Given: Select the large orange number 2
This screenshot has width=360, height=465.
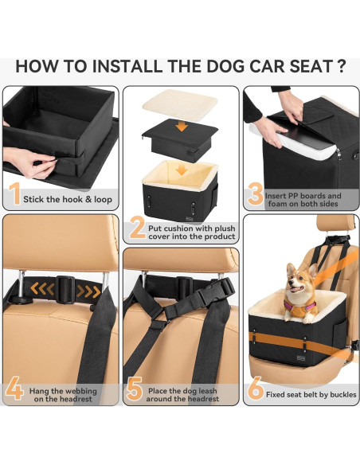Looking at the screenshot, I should point(136,229).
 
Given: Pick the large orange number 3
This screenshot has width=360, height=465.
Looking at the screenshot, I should point(256,193).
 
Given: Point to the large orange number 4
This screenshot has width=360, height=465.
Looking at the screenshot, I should point(14,390).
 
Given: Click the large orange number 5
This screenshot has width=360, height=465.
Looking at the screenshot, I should point(135,390).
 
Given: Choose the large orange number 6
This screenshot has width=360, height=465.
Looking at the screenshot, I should point(256,390).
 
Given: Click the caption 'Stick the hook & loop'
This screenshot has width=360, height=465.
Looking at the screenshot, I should point(67,200).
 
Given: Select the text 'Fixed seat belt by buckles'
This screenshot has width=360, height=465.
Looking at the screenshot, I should point(311,394).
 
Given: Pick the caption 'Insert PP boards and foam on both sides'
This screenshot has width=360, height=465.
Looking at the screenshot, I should point(305,200).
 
